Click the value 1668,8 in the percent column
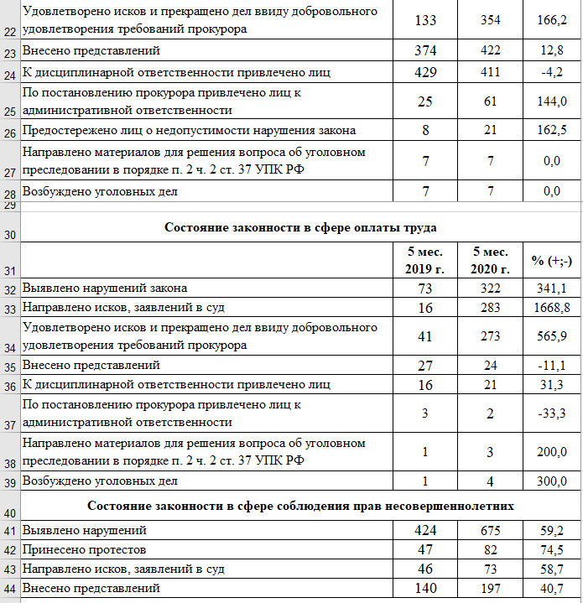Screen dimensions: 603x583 pos(551,308)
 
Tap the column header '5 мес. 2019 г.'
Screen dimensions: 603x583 pos(425,260)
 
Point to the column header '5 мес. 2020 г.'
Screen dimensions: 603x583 pos(491,260)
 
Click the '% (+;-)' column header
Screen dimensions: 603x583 pos(551,261)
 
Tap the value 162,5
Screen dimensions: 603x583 pos(551,130)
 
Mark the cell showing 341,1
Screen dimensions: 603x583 pos(551,289)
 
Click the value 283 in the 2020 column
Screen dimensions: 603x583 pos(491,308)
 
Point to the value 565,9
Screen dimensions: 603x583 pos(551,336)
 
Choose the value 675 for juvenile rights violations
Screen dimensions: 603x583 pos(491,531)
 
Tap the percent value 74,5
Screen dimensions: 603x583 pos(551,550)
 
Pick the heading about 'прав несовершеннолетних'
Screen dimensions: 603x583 pos(299,507)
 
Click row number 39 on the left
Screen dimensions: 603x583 pos(9,483)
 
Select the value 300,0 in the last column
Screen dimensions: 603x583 pos(551,481)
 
